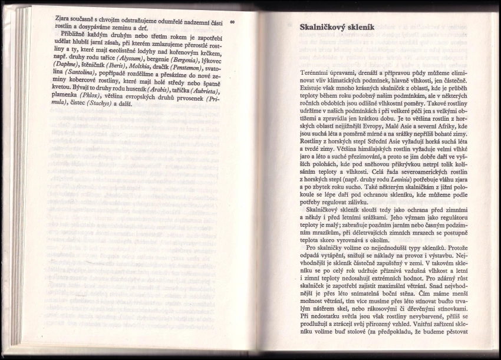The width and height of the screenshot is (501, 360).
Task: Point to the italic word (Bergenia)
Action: click(x=181, y=61)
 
